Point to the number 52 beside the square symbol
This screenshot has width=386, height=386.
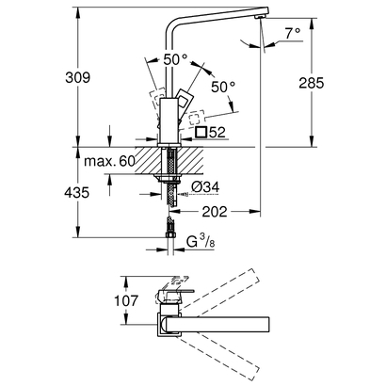pyautogui.click(x=217, y=133)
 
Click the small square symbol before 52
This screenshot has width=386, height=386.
pyautogui.click(x=199, y=133)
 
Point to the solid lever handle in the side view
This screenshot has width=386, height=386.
pyautogui.click(x=183, y=103)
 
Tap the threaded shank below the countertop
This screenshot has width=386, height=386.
pyautogui.click(x=170, y=197)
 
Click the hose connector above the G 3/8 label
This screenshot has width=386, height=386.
pyautogui.click(x=170, y=227)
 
